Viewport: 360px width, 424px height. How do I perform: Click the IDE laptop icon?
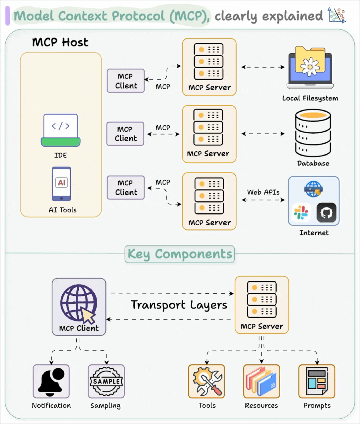(61, 130)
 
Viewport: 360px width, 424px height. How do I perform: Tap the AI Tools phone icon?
(61, 184)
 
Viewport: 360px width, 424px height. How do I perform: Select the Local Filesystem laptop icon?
(310, 69)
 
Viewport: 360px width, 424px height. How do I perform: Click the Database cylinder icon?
(313, 133)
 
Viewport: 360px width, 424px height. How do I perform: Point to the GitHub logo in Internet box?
(326, 212)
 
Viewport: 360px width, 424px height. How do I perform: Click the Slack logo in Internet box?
(301, 212)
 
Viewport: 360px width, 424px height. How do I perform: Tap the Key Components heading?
(180, 254)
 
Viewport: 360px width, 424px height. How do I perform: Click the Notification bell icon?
(51, 381)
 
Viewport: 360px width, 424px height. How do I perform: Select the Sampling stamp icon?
(106, 381)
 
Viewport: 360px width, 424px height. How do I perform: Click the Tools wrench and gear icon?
(207, 381)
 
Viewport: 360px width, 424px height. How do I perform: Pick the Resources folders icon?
(262, 381)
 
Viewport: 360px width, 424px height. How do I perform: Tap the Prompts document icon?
(317, 381)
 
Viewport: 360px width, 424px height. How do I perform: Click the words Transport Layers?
(179, 305)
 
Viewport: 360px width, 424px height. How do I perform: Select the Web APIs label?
(263, 192)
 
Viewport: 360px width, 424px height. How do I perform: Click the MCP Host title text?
(60, 42)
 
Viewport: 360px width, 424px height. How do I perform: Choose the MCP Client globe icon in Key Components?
(79, 303)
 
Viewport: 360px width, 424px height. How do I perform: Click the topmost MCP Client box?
(126, 81)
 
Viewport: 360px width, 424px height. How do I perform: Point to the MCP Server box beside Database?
(209, 134)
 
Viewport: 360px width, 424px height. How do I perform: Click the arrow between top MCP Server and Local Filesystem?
(263, 67)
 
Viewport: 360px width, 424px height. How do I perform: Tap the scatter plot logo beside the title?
(336, 15)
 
